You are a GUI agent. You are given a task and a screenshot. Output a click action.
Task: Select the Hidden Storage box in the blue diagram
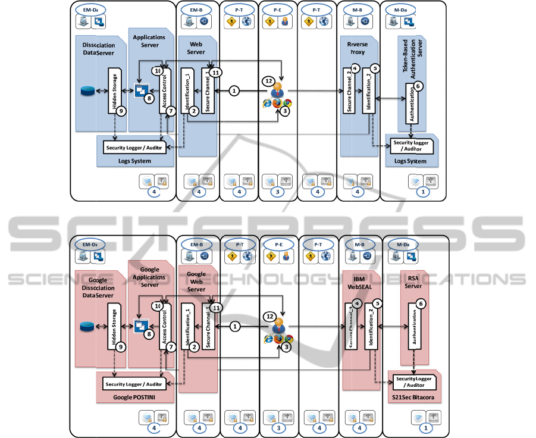115,90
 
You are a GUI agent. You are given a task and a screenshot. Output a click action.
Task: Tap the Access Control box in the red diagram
165,327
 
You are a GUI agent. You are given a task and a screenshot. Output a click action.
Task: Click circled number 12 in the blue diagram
269,81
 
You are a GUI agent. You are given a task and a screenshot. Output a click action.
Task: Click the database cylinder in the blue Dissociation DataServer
88,92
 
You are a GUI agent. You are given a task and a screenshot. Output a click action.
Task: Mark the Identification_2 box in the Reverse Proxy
369,92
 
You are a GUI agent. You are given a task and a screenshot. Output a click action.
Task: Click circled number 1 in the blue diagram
234,91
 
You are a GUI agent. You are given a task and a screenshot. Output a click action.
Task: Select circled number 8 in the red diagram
149,334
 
